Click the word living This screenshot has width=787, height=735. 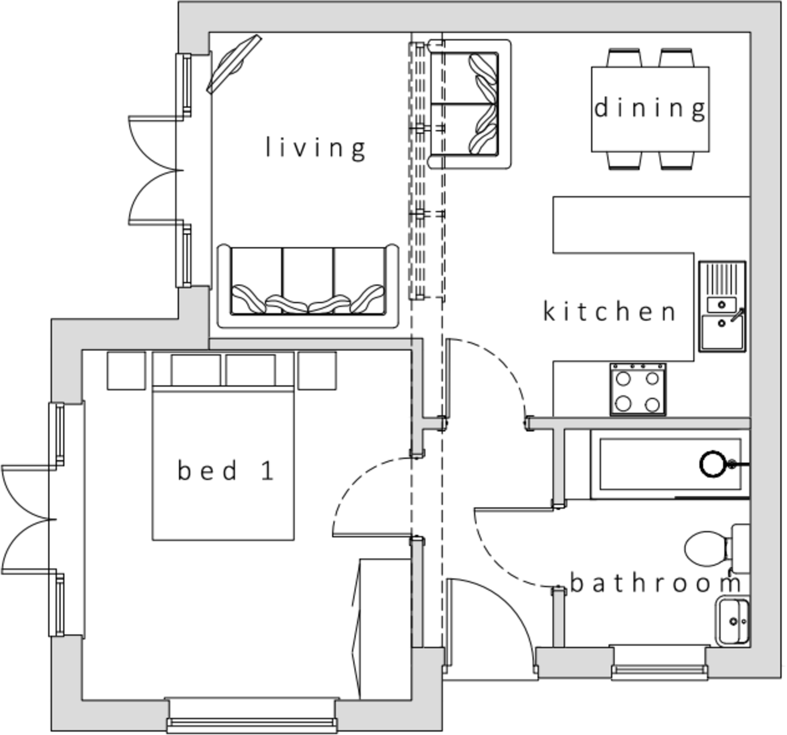(x=315, y=147)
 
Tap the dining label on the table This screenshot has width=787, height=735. (x=650, y=108)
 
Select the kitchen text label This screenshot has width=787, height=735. (x=609, y=311)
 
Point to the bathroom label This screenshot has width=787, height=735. (x=656, y=583)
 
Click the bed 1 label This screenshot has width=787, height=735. (x=226, y=470)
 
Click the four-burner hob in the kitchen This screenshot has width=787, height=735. (x=638, y=390)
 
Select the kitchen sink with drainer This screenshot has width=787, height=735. (x=722, y=306)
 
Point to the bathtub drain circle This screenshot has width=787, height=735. (x=712, y=464)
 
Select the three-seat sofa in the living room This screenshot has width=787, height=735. (x=307, y=286)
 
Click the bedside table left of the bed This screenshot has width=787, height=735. (x=126, y=371)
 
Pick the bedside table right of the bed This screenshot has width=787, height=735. (x=317, y=371)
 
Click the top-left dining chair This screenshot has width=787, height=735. (x=624, y=57)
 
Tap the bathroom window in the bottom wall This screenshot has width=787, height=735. (x=659, y=669)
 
